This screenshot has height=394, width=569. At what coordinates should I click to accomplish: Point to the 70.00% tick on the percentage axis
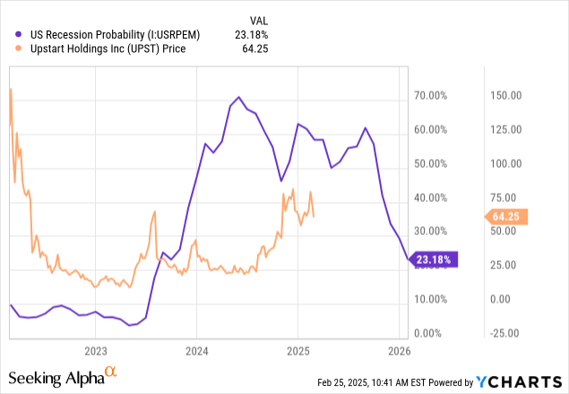click(431, 94)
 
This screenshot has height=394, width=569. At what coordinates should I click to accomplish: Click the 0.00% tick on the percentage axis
click(433, 333)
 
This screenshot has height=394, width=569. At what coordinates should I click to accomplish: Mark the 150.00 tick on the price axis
click(504, 94)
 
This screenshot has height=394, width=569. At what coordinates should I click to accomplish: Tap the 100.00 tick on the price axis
click(504, 163)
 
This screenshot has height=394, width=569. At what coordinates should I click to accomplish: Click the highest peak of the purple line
click(238, 97)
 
